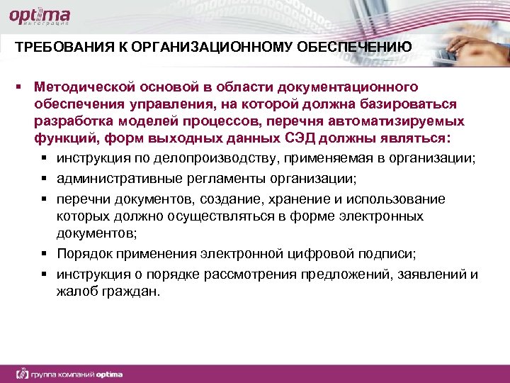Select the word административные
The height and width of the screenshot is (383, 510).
point(108,177)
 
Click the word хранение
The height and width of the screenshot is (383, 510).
point(273,198)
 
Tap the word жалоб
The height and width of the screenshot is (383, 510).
point(72,291)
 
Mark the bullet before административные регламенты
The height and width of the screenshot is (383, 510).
point(45,178)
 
